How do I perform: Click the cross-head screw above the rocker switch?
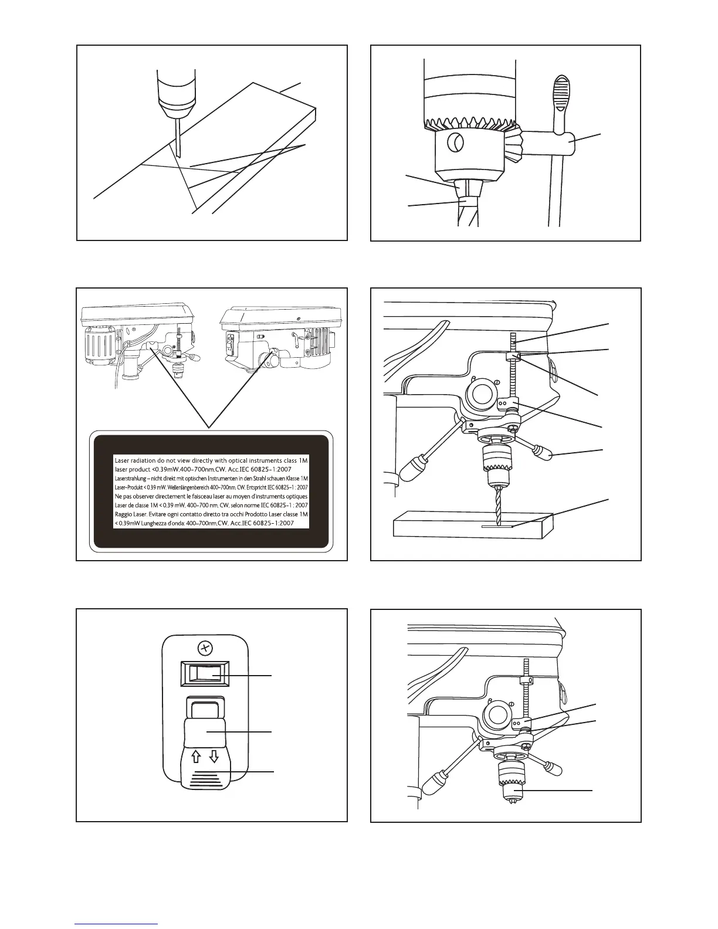205,648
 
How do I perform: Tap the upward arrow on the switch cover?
196,757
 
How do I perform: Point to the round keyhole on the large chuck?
455,143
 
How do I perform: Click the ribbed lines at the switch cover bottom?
205,779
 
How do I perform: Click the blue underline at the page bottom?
116,924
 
